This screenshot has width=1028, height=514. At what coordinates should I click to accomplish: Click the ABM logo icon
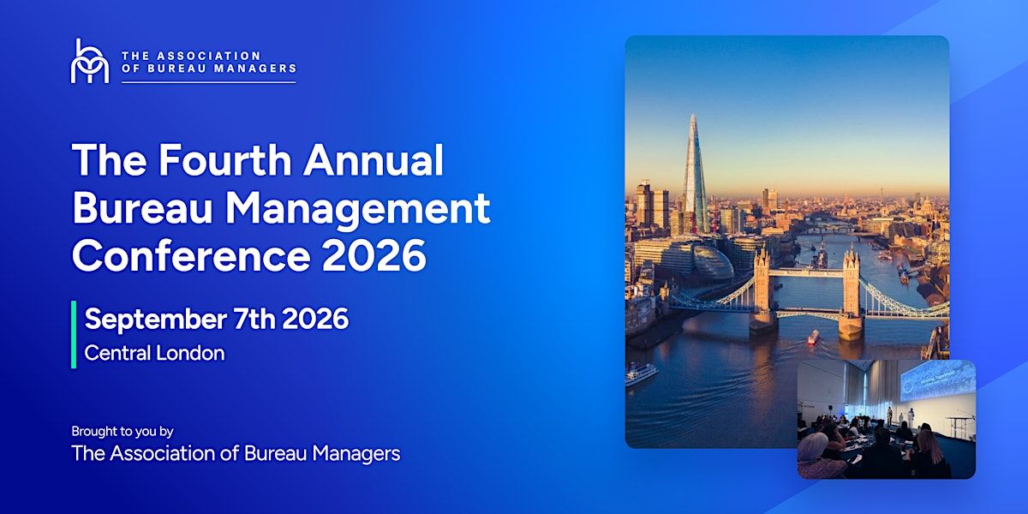pos(90,61)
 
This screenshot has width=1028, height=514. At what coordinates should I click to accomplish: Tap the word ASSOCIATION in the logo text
pos(209,56)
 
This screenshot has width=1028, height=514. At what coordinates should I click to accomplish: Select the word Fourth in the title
pos(224,160)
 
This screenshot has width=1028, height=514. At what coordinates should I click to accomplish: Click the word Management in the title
pos(357,209)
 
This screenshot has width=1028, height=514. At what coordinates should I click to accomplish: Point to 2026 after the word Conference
pos(374,256)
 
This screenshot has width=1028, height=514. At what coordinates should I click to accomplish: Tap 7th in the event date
pos(254,319)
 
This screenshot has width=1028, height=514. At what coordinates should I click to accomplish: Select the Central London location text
pos(155,353)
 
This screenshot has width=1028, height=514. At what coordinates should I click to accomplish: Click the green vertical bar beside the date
pos(74,335)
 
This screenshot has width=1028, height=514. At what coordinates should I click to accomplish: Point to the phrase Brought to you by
pos(123,432)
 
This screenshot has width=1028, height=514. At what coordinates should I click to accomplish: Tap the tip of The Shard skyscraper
pos(693,115)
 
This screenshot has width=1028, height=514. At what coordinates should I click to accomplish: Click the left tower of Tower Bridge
pos(762,290)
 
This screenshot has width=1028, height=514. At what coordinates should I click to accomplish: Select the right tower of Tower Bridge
pos(852,292)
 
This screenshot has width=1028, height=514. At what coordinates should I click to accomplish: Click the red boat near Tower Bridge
pos(813,338)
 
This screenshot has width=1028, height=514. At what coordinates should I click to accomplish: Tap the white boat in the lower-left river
pos(640,372)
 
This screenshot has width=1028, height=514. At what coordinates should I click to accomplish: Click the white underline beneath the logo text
pos(209,82)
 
